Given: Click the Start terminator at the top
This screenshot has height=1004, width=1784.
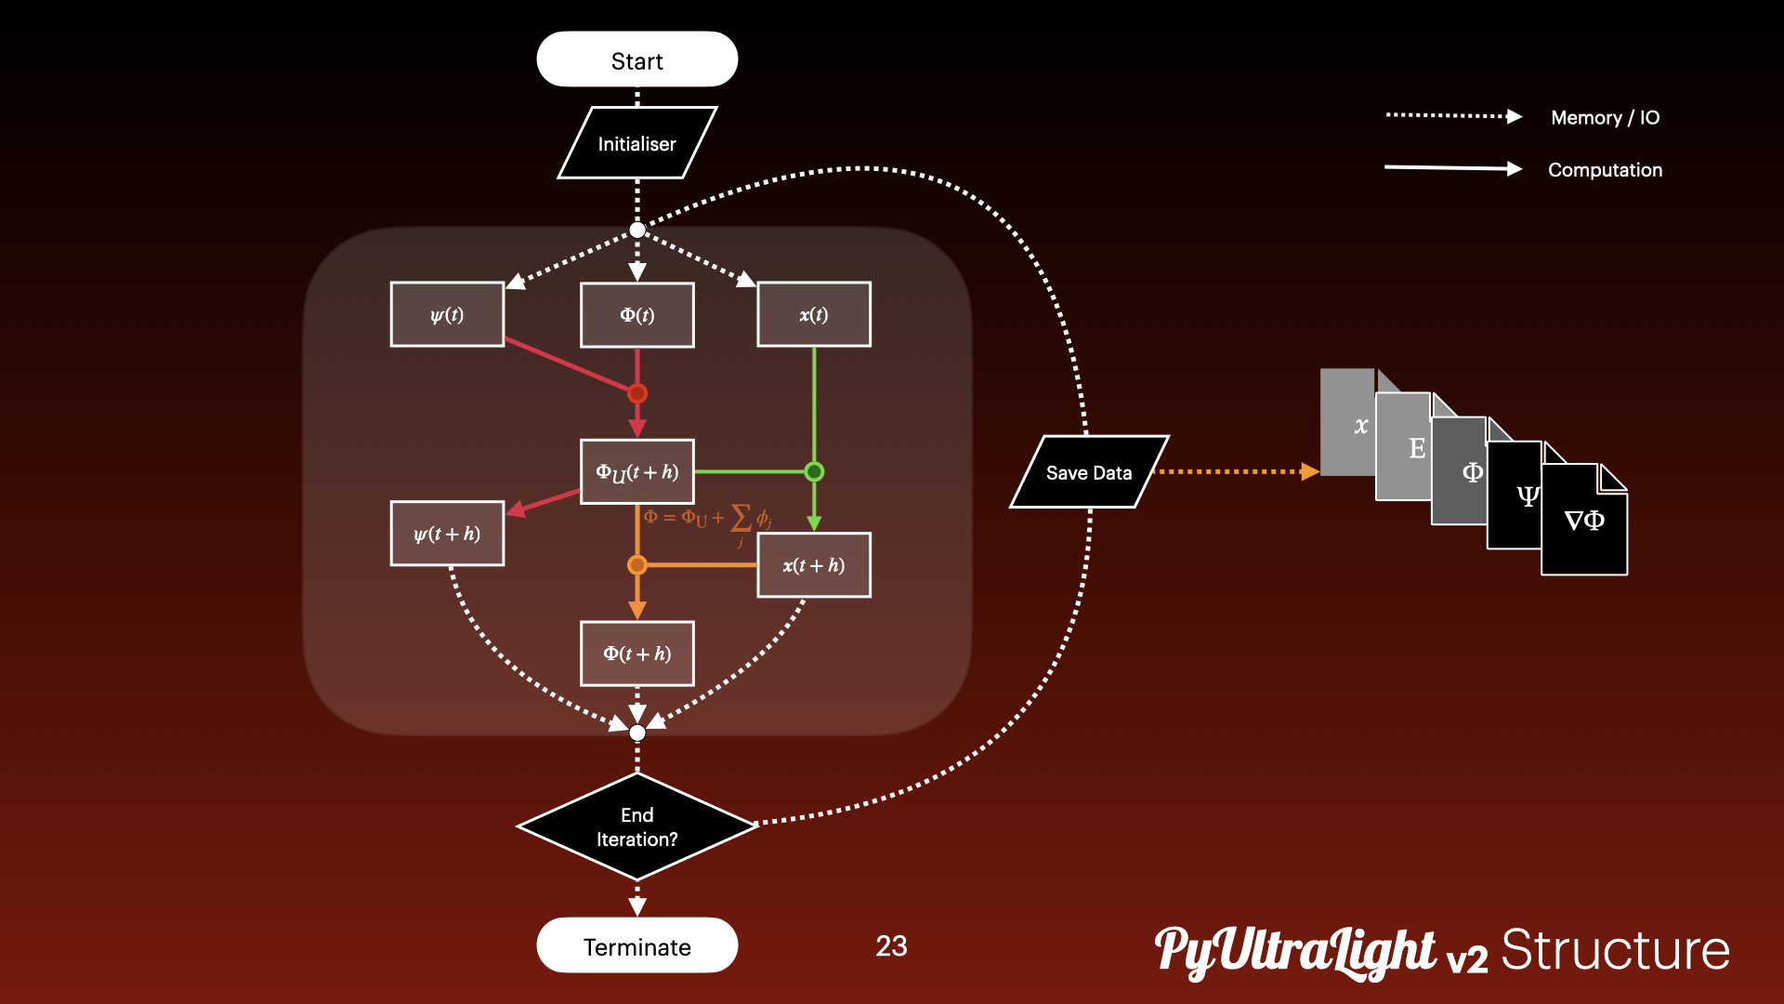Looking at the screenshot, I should (636, 59).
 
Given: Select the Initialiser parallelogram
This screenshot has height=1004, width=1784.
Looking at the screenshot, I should (636, 143).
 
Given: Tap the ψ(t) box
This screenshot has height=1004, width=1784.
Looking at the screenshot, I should (447, 314).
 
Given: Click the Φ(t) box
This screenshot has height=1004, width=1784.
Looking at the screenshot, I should (636, 314).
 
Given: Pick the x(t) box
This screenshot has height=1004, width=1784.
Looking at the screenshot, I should (814, 314).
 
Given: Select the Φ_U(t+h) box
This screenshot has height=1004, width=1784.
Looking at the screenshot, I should (636, 471).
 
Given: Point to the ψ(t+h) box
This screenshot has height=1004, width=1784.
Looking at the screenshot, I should (447, 534).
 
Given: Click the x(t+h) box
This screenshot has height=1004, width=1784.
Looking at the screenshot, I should (814, 564).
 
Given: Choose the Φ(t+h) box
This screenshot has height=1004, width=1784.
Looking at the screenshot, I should (636, 654).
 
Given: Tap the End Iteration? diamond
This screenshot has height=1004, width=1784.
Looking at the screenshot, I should (636, 826).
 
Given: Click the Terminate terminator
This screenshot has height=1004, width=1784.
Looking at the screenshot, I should (636, 945).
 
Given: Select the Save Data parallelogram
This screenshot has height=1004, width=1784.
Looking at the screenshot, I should (1089, 472).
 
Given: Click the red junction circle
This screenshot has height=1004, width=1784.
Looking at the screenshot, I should (637, 393).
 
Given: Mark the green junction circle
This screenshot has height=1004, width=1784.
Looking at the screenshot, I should (814, 471).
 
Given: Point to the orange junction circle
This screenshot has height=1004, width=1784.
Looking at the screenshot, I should (637, 564).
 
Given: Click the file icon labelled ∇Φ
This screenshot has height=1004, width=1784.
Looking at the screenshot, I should (1584, 522).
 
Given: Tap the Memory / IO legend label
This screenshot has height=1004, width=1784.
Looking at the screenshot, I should (1605, 117).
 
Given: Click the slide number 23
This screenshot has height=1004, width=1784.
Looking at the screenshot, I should (891, 945).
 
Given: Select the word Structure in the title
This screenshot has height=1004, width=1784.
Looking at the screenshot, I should (1615, 950).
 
